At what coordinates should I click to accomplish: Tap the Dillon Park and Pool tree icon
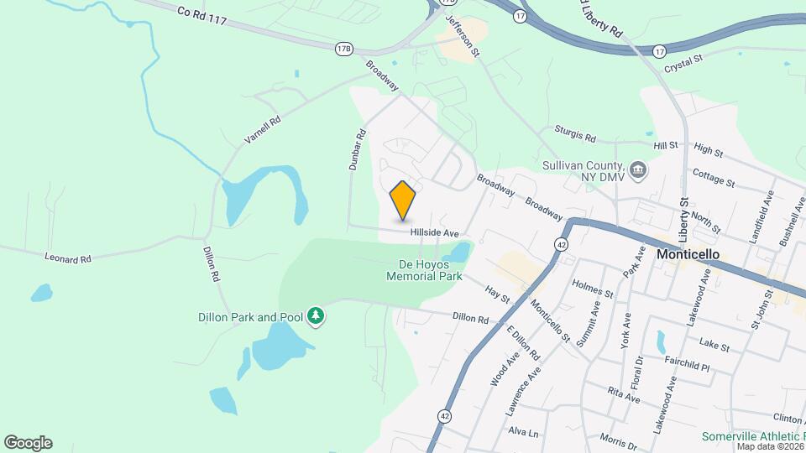click(x=316, y=316)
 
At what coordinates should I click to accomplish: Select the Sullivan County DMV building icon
click(x=639, y=171)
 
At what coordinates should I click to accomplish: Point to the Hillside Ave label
click(x=434, y=232)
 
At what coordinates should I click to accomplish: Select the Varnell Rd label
click(x=262, y=130)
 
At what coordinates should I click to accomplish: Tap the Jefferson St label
click(x=463, y=35)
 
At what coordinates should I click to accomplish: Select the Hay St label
click(x=497, y=294)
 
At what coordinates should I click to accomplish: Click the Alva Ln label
click(x=522, y=431)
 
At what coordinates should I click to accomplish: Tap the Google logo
click(x=28, y=443)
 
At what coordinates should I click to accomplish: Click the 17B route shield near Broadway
click(x=343, y=49)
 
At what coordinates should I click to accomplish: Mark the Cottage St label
click(x=714, y=178)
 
